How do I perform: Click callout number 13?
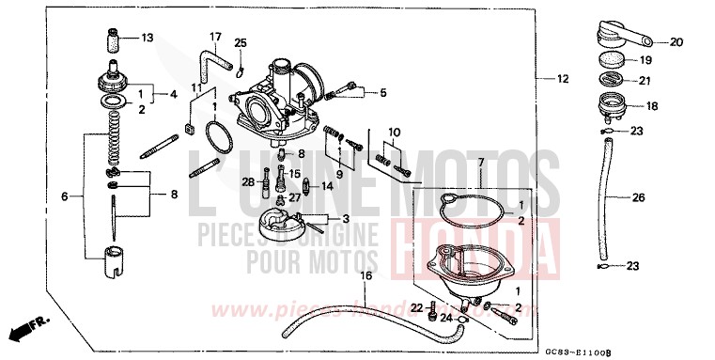point(147,39)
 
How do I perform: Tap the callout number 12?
point(563,79)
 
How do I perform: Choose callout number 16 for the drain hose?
point(366,275)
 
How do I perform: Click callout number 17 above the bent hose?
point(214,39)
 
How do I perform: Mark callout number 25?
point(240,43)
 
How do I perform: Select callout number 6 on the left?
point(65,196)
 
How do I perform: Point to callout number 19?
point(645,60)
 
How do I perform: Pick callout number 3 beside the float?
point(347,218)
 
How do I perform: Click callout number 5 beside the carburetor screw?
point(383,92)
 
